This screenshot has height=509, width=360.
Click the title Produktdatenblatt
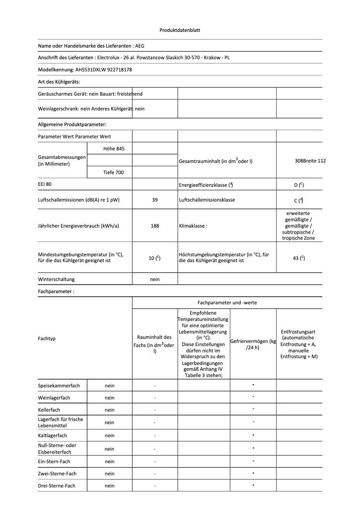tap(180, 30)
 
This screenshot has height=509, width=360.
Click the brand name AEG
tap(140, 46)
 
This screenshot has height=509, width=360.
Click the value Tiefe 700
tap(110, 172)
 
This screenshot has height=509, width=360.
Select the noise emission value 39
tap(155, 200)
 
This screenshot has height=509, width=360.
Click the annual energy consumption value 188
tap(155, 226)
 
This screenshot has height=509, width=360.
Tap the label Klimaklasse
tap(193, 226)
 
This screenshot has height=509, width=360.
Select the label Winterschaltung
tap(57, 279)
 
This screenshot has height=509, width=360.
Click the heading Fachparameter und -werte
tap(227, 303)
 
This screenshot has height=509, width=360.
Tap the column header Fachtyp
tap(47, 338)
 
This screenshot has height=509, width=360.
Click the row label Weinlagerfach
tap(54, 398)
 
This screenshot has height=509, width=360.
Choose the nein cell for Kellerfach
tap(110, 410)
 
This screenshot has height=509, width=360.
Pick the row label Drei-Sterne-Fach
tap(57, 486)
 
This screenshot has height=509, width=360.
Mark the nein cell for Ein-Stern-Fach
tap(110, 461)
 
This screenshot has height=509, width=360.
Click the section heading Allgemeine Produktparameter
tap(72, 124)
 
